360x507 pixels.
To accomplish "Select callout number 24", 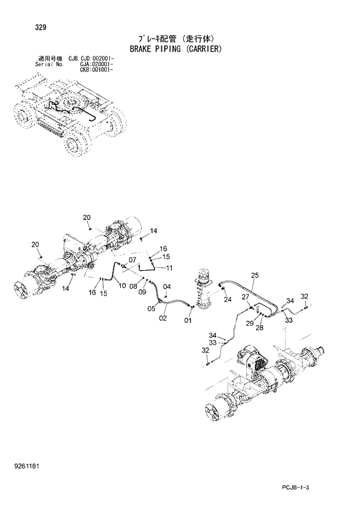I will tap(228, 299).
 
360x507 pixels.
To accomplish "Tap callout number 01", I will tap(188, 320).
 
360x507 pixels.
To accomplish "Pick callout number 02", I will tap(163, 318).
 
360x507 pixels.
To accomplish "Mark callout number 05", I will tap(151, 308).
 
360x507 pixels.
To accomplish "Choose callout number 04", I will tap(167, 286).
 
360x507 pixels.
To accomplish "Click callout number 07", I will tap(132, 260).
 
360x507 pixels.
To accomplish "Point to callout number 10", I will tap(122, 285).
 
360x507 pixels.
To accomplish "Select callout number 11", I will tap(169, 268).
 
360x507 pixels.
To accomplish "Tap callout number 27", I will tap(245, 297).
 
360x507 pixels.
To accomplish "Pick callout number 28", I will tap(259, 328).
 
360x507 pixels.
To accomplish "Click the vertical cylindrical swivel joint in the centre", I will tap(205, 290).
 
